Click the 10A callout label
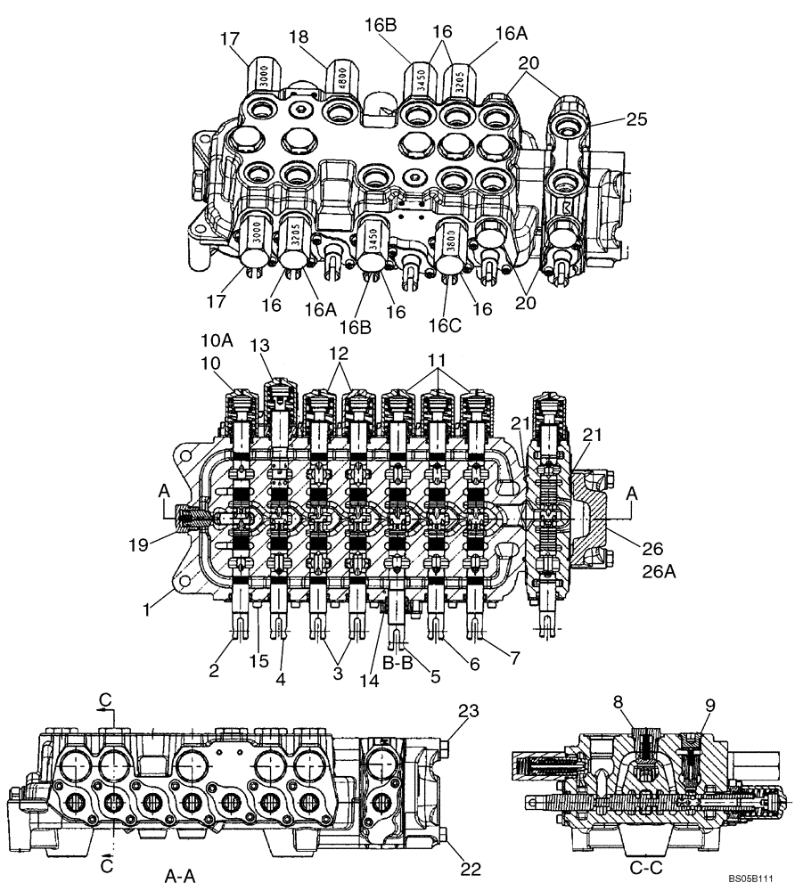217,339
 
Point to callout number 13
259,346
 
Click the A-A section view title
183,877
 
